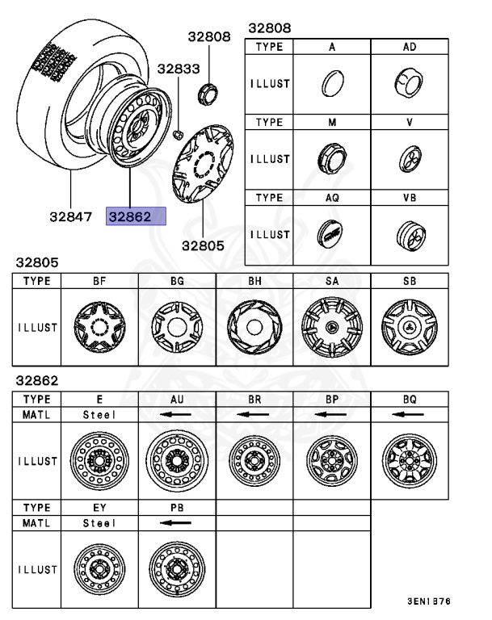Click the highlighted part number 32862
(136, 216)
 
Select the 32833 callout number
(178, 70)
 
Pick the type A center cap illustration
(330, 83)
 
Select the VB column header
(409, 197)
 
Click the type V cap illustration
(409, 158)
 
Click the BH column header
(254, 281)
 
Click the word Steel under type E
(99, 414)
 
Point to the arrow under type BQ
(409, 414)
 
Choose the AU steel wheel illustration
(176, 461)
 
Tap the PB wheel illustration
(176, 569)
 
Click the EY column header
(99, 507)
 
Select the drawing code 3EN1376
(428, 601)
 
